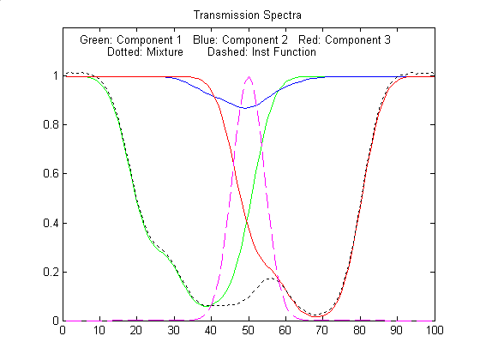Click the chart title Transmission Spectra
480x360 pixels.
tap(248, 15)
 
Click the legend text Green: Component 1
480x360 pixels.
tap(130, 39)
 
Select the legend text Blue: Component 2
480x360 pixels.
tap(240, 39)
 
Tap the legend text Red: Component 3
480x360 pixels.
tap(345, 39)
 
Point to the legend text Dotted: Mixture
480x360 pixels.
tap(145, 51)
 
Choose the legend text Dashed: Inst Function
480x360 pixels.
tap(261, 51)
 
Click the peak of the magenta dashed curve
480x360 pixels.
tap(249, 76)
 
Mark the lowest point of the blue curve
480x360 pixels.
tap(245, 108)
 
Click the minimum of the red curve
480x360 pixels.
tap(316, 316)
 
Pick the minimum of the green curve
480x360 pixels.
tap(205, 306)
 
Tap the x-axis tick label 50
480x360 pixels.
tap(249, 330)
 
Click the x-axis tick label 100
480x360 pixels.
tap(435, 330)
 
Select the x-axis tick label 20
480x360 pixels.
tap(136, 330)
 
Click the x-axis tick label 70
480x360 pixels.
tap(322, 330)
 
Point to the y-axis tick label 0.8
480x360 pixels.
tap(51, 124)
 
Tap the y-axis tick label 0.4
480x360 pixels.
tap(51, 223)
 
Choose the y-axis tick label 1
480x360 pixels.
tap(56, 75)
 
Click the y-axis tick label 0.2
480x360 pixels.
tap(51, 272)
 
